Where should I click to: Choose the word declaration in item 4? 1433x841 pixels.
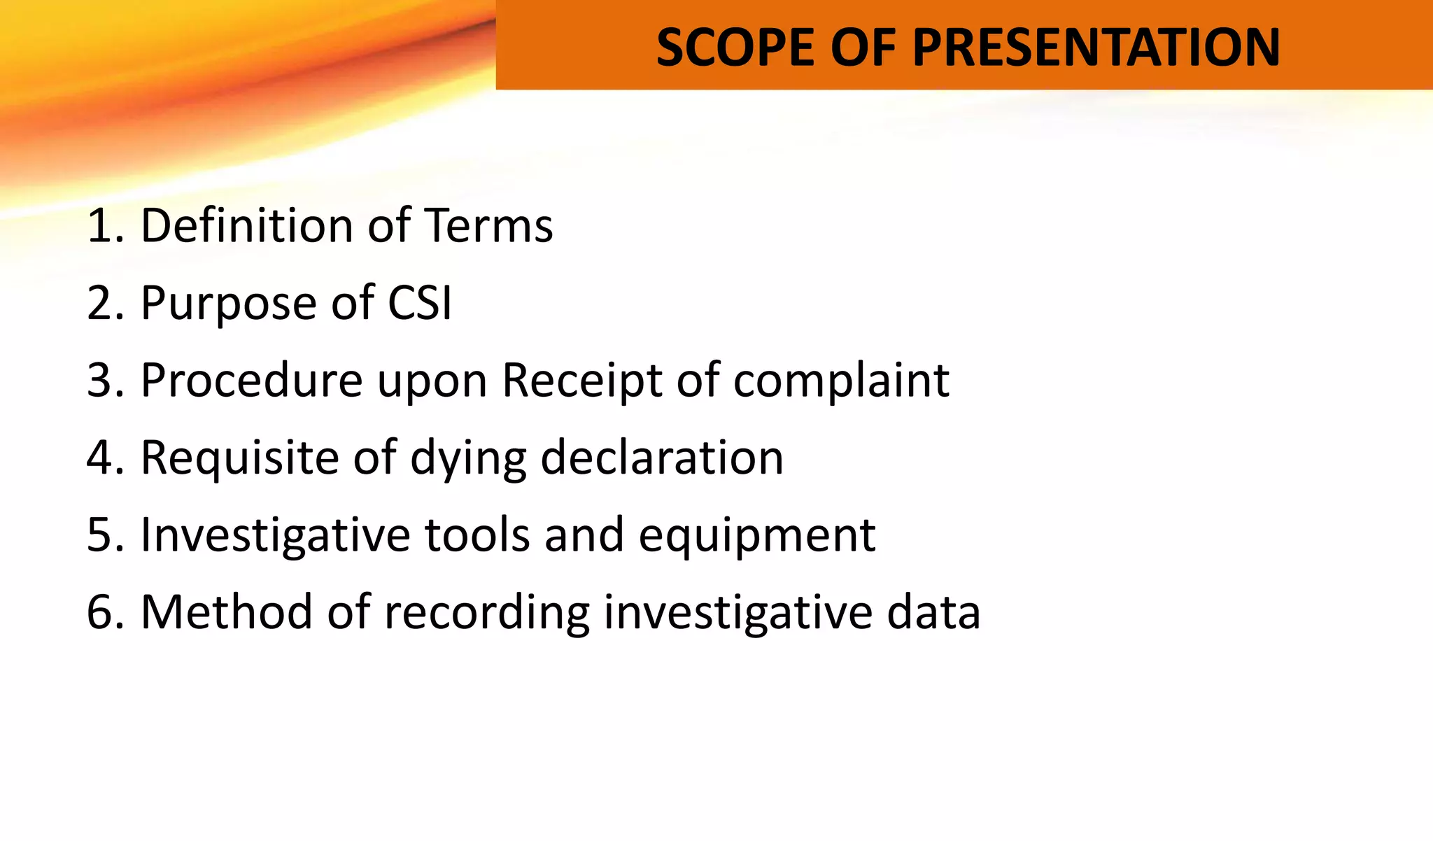[x=662, y=458]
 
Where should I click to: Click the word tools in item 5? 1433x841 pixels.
[x=477, y=535]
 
